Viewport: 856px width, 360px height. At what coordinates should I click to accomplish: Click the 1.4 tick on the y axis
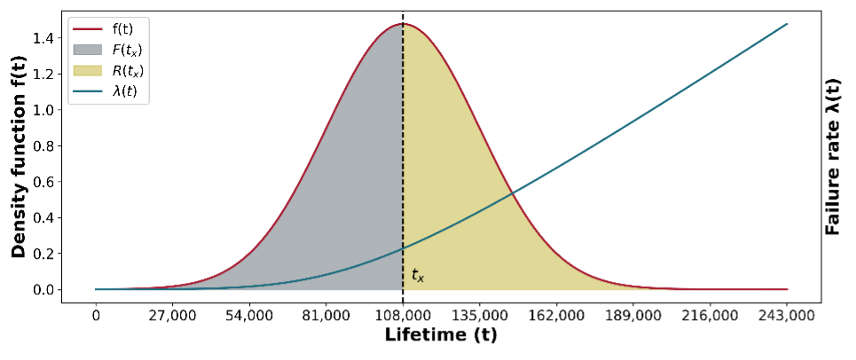[47, 38]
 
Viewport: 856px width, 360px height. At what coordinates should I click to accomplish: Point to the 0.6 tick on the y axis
[47, 182]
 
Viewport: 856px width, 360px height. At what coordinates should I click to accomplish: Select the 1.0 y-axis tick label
[47, 110]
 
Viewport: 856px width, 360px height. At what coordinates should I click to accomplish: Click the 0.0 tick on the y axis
[47, 290]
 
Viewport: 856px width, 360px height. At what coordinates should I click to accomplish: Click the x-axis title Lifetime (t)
[440, 335]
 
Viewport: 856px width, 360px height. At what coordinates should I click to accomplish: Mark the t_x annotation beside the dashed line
[418, 277]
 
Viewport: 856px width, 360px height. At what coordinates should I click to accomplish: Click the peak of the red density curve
[404, 24]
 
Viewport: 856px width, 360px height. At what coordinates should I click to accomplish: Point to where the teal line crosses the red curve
[512, 193]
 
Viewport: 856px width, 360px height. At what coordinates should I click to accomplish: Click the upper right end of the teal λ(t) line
[787, 24]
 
